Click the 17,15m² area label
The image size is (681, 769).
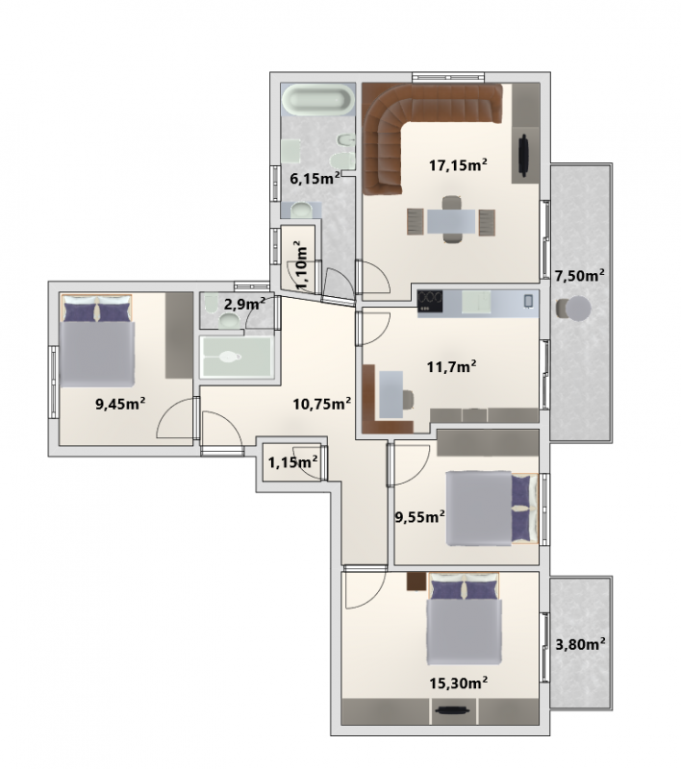pos(458,164)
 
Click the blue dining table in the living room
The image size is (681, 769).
pos(451,221)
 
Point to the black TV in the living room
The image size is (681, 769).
pos(524,156)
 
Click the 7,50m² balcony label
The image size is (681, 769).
pos(579,275)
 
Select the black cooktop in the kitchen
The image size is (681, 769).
pos(430,301)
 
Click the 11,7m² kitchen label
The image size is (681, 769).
pos(451,366)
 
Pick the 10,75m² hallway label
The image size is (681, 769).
pos(322,404)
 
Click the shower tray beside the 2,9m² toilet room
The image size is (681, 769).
pos(237,357)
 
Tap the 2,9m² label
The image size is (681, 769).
pos(244,305)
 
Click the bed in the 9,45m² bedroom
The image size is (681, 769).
pos(97,340)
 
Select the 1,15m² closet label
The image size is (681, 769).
pos(293,461)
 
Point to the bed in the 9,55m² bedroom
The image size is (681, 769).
pos(492,509)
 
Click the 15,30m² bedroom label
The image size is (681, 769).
pos(458,682)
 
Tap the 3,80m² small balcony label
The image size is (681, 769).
pos(580,643)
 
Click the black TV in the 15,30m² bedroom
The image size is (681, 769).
pos(452,710)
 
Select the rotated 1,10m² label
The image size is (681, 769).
pos(301,265)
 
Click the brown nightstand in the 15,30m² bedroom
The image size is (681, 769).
pos(416,582)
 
